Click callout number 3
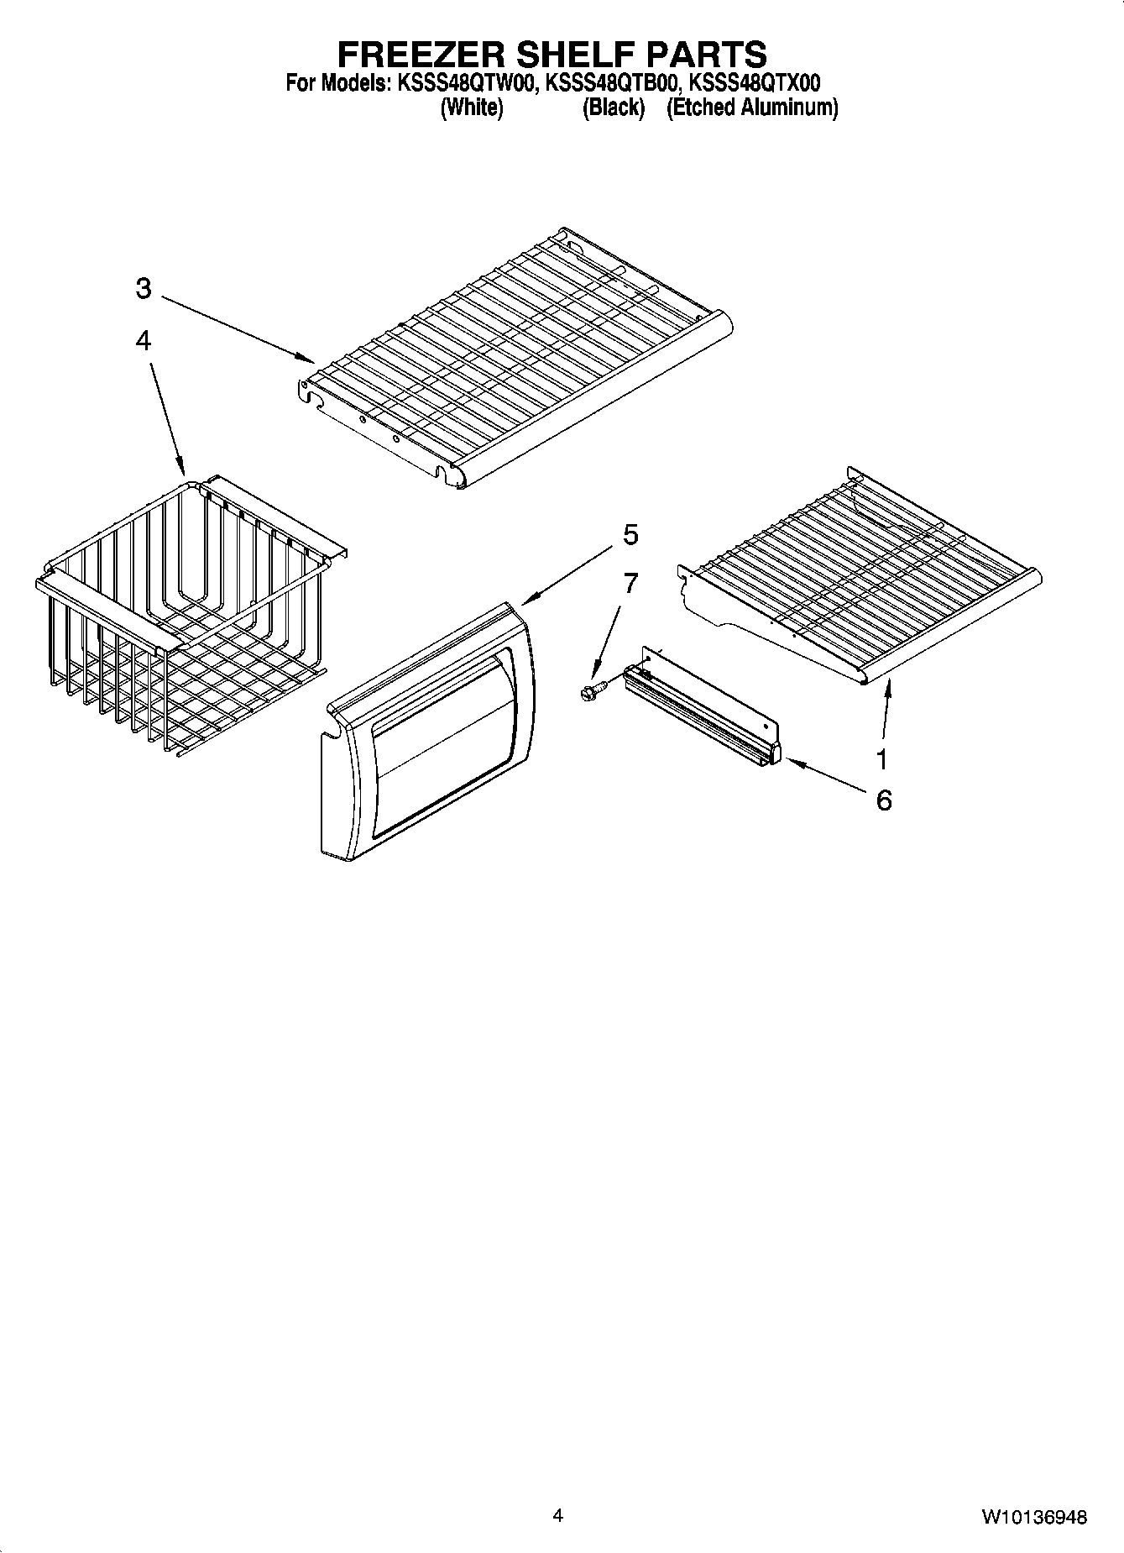pyautogui.click(x=144, y=289)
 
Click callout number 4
pyautogui.click(x=144, y=340)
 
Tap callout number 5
pyautogui.click(x=630, y=534)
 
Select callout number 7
pyautogui.click(x=630, y=582)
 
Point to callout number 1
pyautogui.click(x=881, y=759)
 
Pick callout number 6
pyautogui.click(x=883, y=800)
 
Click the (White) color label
pyautogui.click(x=472, y=108)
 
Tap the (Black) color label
pyautogui.click(x=614, y=108)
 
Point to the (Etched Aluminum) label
pyautogui.click(x=752, y=108)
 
